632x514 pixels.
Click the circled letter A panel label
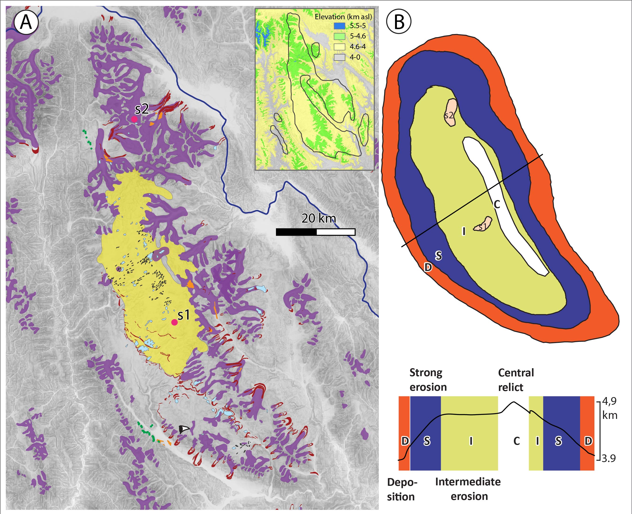pyautogui.click(x=26, y=22)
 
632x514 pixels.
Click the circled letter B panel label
pyautogui.click(x=399, y=22)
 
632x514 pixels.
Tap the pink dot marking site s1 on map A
pyautogui.click(x=174, y=322)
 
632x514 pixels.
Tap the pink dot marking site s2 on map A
pyautogui.click(x=134, y=119)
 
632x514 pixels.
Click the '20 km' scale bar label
pyautogui.click(x=319, y=219)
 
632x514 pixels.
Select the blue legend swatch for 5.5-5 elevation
pyautogui.click(x=339, y=26)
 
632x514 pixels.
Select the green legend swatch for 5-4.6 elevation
pyautogui.click(x=339, y=36)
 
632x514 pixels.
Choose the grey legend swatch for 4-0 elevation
pyautogui.click(x=339, y=57)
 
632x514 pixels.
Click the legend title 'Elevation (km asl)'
pyautogui.click(x=343, y=17)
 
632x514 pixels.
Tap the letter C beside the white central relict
pyautogui.click(x=497, y=204)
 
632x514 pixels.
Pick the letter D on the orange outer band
pyautogui.click(x=428, y=267)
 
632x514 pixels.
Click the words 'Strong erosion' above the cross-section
pyautogui.click(x=428, y=380)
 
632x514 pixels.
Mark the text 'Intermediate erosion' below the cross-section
pyautogui.click(x=468, y=489)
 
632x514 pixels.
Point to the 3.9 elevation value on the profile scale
pyautogui.click(x=608, y=458)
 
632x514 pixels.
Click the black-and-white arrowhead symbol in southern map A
pyautogui.click(x=183, y=429)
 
